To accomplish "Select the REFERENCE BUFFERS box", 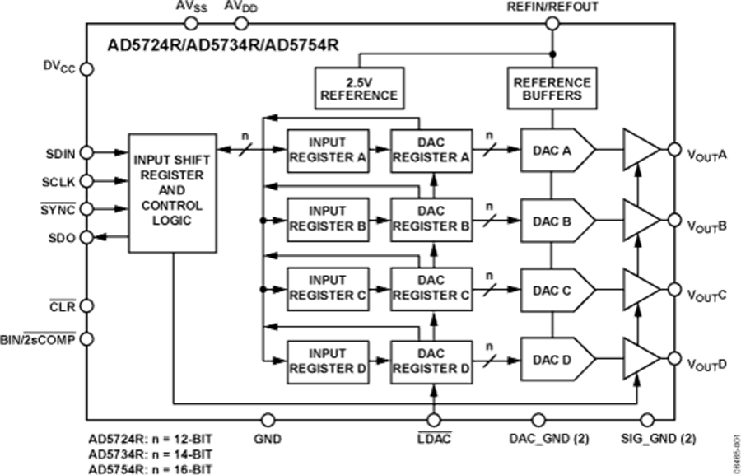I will pos(552,88).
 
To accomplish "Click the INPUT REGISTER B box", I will pos(328,219).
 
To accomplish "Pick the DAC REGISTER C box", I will pos(431,288).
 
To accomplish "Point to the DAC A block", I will pos(557,151).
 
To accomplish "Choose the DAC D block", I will pos(557,360).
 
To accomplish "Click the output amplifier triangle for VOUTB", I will pos(641,220).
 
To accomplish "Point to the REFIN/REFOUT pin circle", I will pos(552,23).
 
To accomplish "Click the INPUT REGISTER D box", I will pos(328,360).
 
